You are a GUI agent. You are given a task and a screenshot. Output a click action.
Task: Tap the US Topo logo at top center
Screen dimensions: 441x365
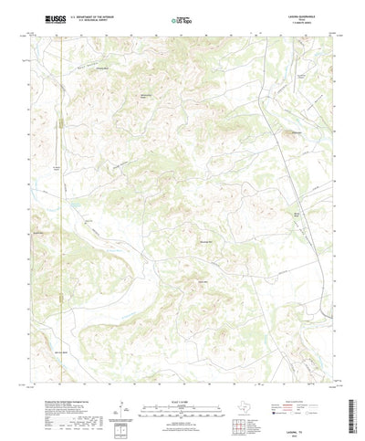click(182, 17)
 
